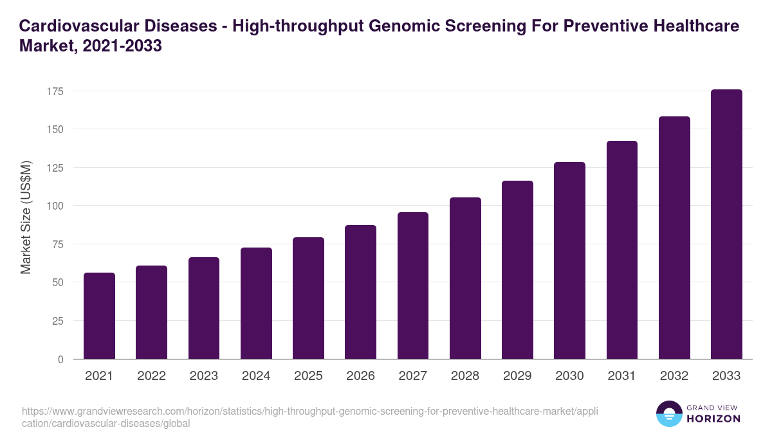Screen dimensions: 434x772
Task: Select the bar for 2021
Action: click(99, 316)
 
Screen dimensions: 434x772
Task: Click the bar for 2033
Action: click(726, 224)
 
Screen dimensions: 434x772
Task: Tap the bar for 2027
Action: click(413, 285)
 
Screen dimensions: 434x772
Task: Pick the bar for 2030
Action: click(569, 260)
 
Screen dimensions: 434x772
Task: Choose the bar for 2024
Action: click(256, 303)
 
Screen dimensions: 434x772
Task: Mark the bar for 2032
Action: click(674, 238)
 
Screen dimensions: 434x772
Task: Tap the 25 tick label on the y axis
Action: click(58, 321)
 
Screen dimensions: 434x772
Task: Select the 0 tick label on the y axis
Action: click(60, 359)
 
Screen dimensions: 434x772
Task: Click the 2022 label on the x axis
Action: click(151, 376)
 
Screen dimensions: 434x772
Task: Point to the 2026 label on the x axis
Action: click(360, 376)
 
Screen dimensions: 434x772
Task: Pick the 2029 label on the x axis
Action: click(517, 376)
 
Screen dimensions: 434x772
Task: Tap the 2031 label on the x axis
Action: click(621, 376)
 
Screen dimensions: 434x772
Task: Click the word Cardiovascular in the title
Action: click(77, 26)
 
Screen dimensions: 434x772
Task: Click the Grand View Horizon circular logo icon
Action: click(668, 413)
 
